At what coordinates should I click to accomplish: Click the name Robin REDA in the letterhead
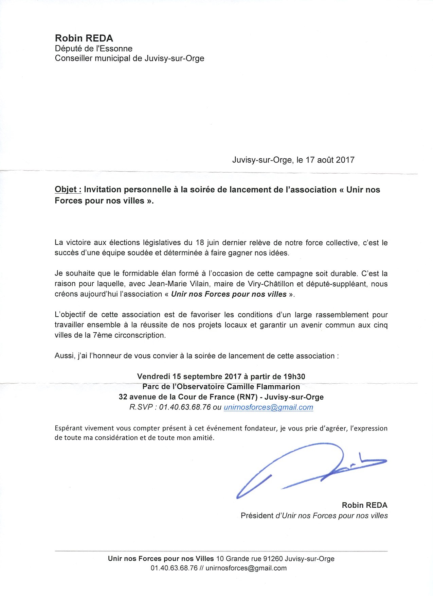pos(84,38)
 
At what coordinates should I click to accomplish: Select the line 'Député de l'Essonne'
pos(94,49)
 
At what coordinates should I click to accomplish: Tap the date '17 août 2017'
pos(330,160)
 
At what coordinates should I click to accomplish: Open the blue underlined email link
pos(268,407)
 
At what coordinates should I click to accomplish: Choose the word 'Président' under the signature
pos(257,515)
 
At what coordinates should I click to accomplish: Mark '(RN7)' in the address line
pos(249,397)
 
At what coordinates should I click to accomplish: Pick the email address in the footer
pos(246,568)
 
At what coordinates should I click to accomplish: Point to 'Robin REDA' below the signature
pos(364,505)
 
